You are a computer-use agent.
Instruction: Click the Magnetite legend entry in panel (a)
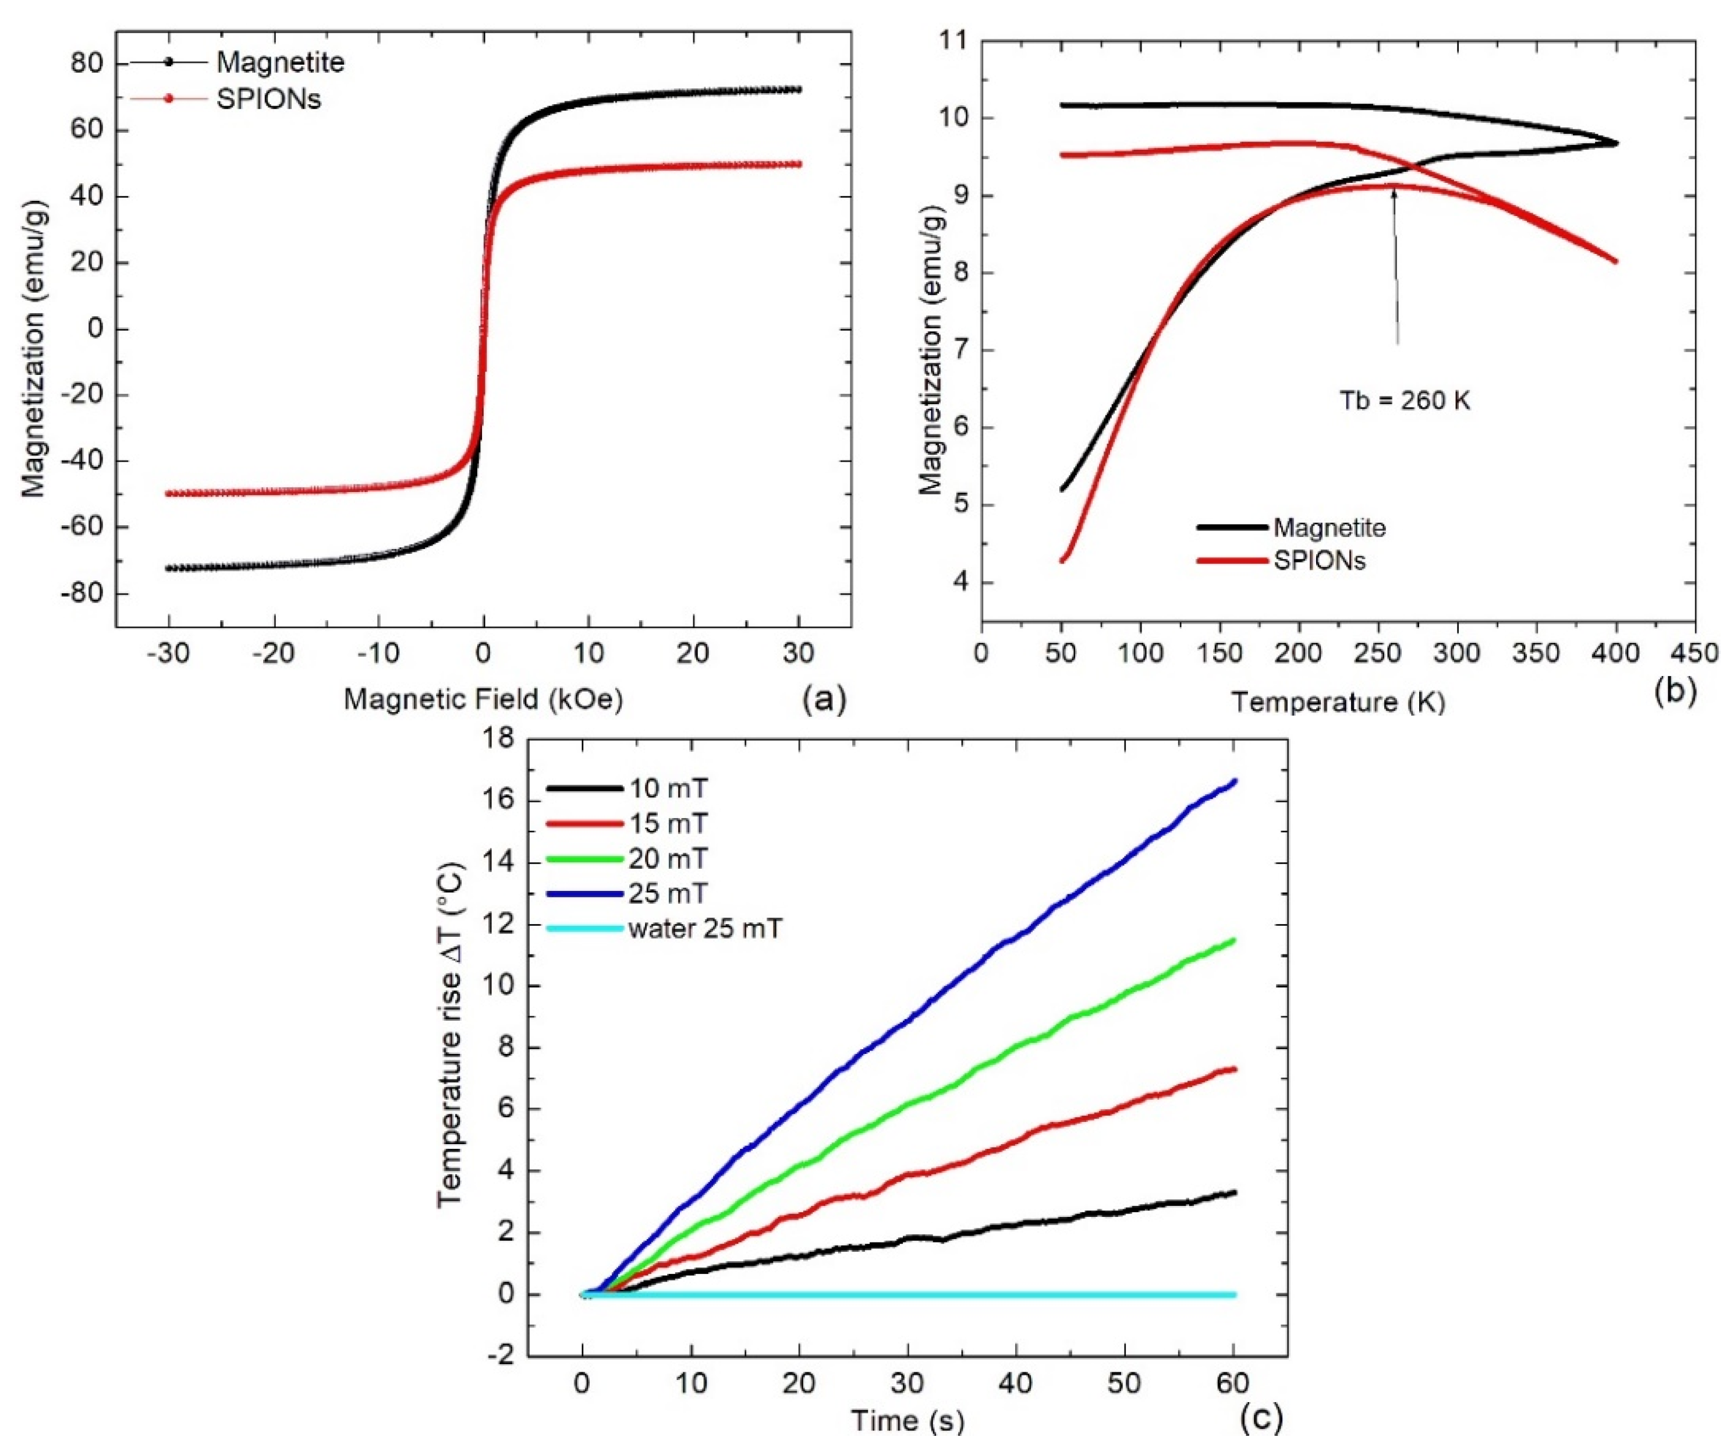(x=280, y=63)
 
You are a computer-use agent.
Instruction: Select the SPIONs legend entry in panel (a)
(x=268, y=99)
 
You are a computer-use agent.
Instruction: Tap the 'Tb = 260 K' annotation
(x=1405, y=401)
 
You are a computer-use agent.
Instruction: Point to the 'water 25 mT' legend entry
(x=704, y=929)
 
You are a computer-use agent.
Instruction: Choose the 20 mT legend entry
(x=667, y=859)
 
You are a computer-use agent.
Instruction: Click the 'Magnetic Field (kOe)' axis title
(x=484, y=699)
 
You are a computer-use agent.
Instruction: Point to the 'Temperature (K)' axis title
(x=1338, y=702)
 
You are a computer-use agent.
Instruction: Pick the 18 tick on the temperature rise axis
(x=496, y=738)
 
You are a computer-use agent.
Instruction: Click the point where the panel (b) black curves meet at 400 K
(x=1615, y=143)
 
